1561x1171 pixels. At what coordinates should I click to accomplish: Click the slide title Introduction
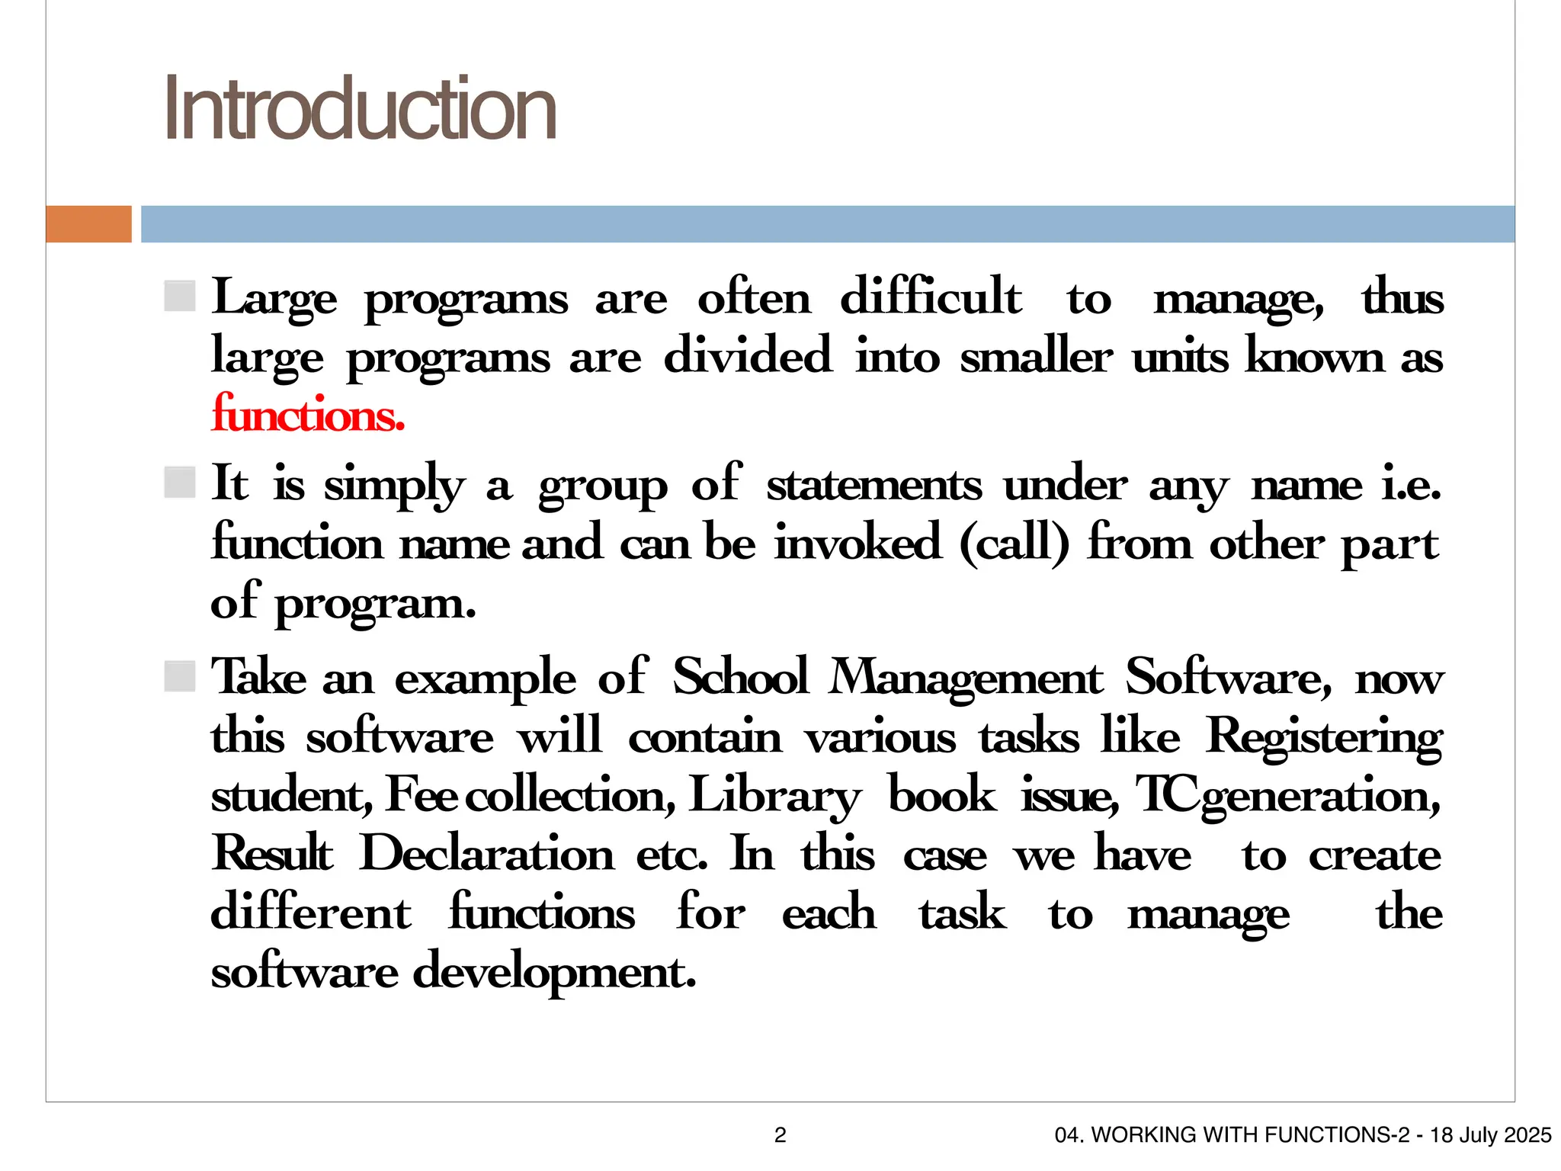360,109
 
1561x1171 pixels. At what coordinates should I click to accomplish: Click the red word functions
308,415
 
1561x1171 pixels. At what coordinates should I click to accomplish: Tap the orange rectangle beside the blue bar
88,224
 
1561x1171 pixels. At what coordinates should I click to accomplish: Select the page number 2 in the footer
780,1135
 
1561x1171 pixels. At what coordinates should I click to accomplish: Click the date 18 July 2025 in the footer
1490,1135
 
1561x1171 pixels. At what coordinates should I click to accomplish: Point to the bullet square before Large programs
180,297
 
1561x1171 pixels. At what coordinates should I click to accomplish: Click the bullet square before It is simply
180,483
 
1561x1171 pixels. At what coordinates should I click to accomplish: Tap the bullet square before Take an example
180,676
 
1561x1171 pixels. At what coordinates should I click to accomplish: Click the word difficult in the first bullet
931,297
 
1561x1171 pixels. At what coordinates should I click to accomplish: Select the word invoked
857,543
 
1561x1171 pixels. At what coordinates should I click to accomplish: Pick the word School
740,677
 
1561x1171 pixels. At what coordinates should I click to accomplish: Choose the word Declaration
486,854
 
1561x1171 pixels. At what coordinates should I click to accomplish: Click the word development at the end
554,973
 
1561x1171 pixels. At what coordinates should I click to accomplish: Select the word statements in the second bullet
874,485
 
